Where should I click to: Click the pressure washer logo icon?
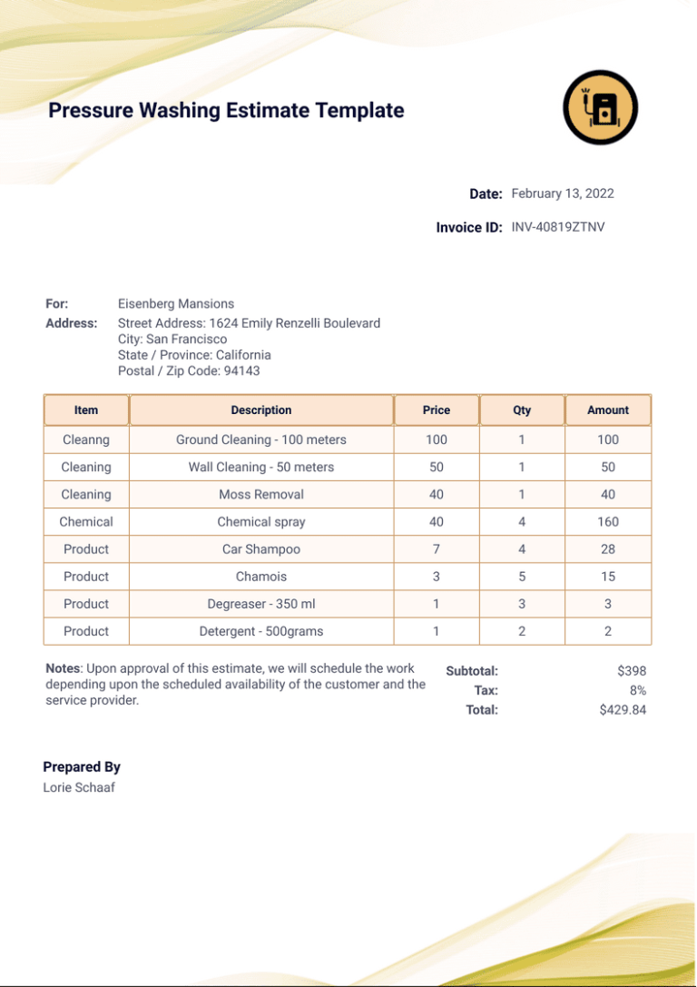pos(600,107)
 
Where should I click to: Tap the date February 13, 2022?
pos(563,193)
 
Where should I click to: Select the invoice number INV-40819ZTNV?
pos(557,227)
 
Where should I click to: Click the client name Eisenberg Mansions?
pos(176,304)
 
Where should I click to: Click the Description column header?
pos(261,410)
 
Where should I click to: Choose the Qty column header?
pos(522,410)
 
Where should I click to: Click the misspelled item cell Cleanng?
pos(86,439)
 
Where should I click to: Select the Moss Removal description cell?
pos(261,495)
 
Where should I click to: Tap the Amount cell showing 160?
pos(608,522)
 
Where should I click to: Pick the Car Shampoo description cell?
pos(261,549)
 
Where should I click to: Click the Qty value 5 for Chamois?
pos(522,577)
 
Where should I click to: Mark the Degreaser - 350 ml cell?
pos(261,604)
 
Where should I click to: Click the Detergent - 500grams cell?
pos(261,631)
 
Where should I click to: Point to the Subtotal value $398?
pos(631,671)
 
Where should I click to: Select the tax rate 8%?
pos(637,691)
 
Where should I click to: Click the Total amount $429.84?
pos(623,710)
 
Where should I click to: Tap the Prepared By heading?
pos(82,767)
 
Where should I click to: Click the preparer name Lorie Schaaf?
pos(79,787)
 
